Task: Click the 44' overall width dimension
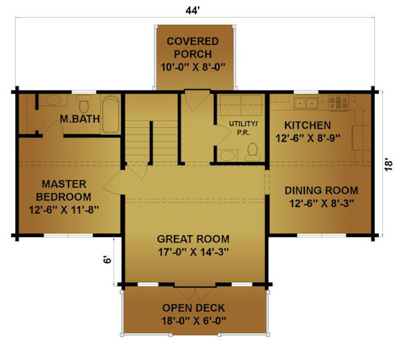tap(193, 11)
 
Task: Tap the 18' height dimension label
tap(389, 165)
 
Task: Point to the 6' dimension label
tap(107, 260)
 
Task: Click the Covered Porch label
tap(193, 47)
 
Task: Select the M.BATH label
tap(80, 119)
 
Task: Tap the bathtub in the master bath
tap(110, 114)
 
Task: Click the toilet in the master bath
tap(83, 104)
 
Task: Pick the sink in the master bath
tap(53, 100)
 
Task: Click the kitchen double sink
tap(305, 103)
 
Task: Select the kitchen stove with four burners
tap(338, 103)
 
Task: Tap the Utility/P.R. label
tap(243, 128)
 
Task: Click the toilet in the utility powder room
tap(253, 152)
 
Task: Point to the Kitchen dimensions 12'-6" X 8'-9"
tap(308, 139)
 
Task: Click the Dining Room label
tap(322, 191)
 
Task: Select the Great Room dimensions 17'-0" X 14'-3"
tap(193, 252)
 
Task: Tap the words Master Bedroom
tap(64, 190)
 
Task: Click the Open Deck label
tap(194, 308)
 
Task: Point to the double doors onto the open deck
tap(195, 293)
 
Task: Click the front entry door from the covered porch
tap(197, 100)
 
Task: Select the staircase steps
tap(151, 142)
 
